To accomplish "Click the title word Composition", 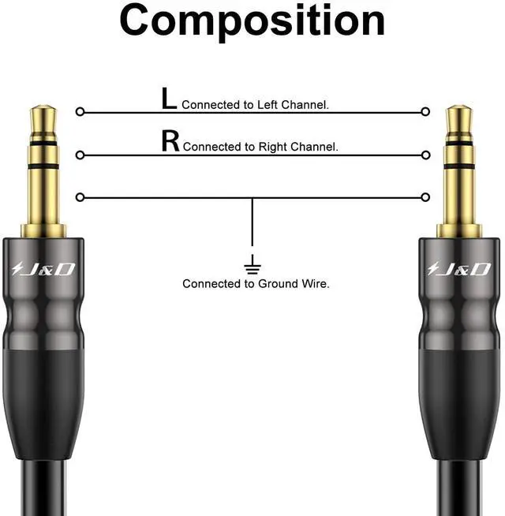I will pyautogui.click(x=252, y=22).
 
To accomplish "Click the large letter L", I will pyautogui.click(x=169, y=99).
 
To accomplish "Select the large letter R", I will pyautogui.click(x=170, y=142).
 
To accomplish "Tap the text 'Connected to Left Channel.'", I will pyautogui.click(x=255, y=104).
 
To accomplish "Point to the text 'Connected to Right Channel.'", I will pyautogui.click(x=260, y=147).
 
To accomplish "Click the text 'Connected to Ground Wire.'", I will pyautogui.click(x=256, y=283).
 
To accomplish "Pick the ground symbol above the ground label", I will pyautogui.click(x=252, y=262).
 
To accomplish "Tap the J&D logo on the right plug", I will pyautogui.click(x=458, y=270).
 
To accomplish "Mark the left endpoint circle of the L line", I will pyautogui.click(x=80, y=112).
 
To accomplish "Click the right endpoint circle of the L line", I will pyautogui.click(x=426, y=112).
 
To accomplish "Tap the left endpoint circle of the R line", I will pyautogui.click(x=80, y=155).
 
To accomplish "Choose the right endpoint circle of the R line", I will pyautogui.click(x=426, y=155).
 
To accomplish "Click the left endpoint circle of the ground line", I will pyautogui.click(x=80, y=197).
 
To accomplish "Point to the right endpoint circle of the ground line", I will pyautogui.click(x=426, y=197).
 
